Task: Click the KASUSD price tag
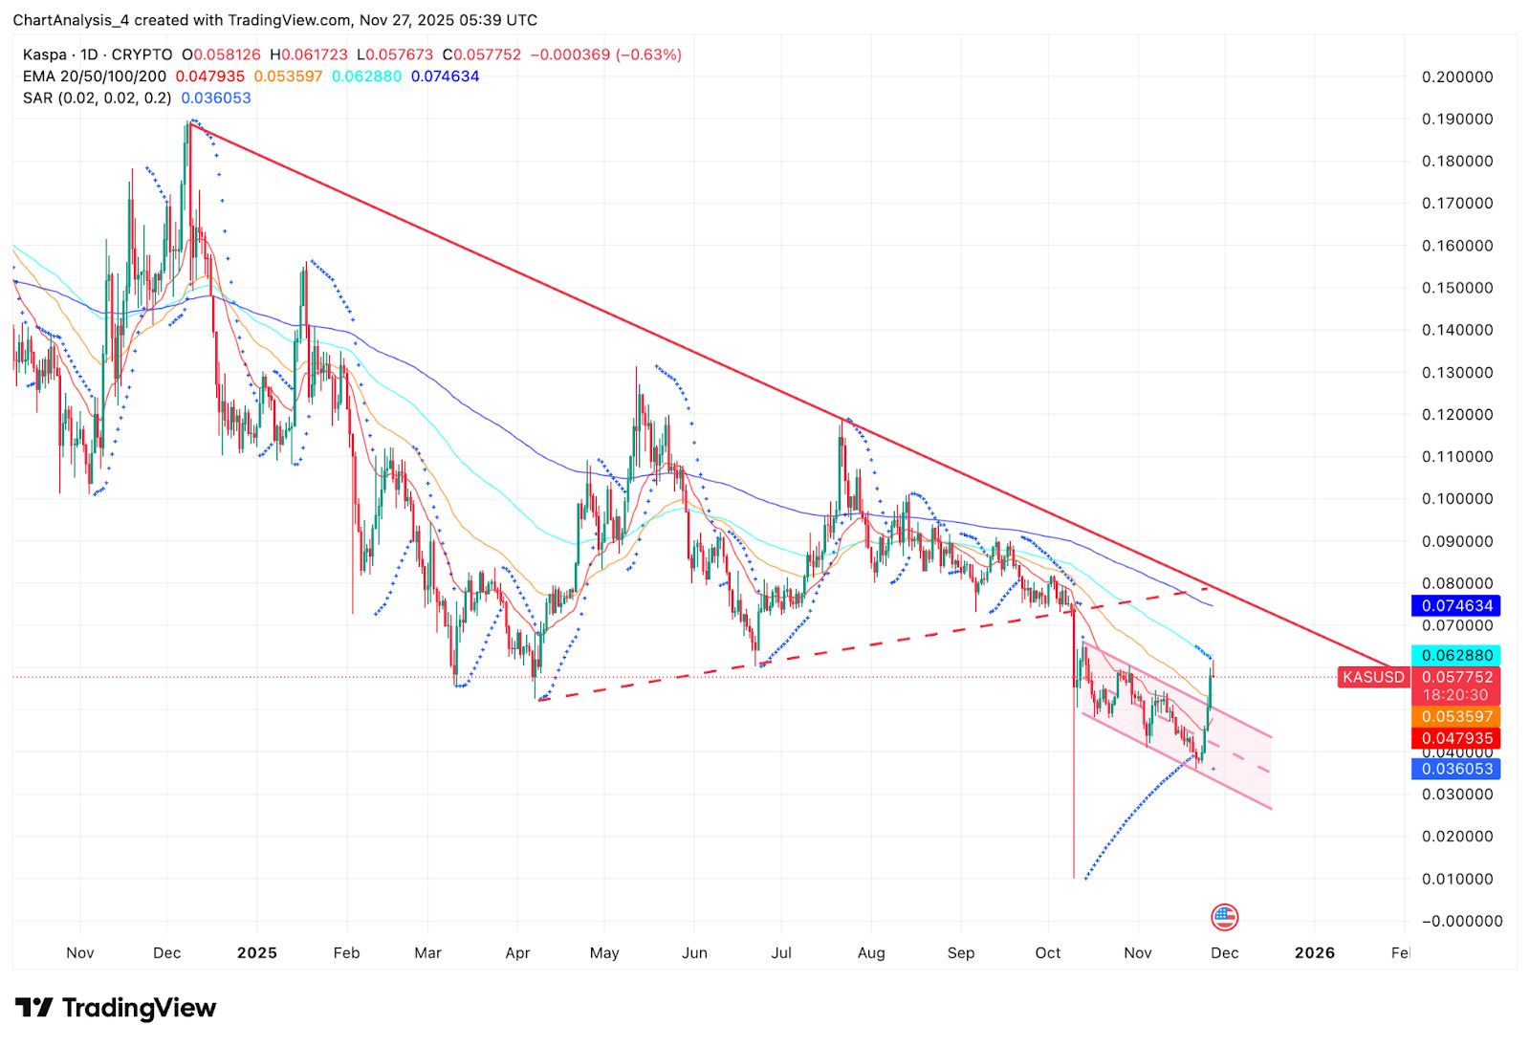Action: (x=1373, y=677)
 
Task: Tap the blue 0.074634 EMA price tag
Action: (x=1456, y=605)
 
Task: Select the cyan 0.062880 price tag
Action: (x=1456, y=655)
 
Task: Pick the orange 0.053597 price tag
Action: (x=1456, y=716)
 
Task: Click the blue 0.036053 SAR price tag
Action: (x=1456, y=769)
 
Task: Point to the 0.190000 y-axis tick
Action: (x=1456, y=120)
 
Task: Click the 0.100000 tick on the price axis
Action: (x=1456, y=499)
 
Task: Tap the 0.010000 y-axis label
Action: (x=1456, y=879)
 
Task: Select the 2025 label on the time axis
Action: (x=257, y=952)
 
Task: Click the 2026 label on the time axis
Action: (x=1314, y=952)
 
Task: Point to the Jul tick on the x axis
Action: (x=781, y=952)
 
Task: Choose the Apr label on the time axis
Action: (x=517, y=952)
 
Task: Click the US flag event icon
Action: (x=1224, y=918)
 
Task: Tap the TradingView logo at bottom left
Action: (x=116, y=1008)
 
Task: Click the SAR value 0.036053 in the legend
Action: (x=216, y=98)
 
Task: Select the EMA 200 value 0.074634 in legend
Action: (x=445, y=76)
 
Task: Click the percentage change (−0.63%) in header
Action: (x=648, y=54)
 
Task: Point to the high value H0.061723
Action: (x=309, y=54)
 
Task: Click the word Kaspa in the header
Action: (x=45, y=54)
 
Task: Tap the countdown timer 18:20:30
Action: (x=1455, y=695)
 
